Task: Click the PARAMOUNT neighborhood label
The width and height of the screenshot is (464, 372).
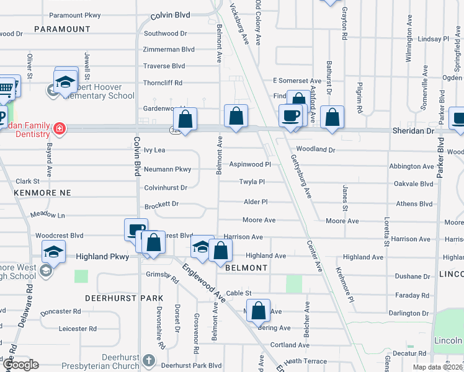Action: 62,29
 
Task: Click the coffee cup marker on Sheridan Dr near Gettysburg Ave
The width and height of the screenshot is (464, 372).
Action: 290,115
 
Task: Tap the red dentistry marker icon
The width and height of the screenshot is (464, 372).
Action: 60,129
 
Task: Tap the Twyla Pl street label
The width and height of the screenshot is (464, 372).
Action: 252,182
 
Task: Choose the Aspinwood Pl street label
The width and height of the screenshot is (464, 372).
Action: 250,164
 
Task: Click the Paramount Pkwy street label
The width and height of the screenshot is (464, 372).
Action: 74,15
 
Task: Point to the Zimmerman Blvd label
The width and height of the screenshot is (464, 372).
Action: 169,49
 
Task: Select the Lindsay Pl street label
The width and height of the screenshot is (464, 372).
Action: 433,38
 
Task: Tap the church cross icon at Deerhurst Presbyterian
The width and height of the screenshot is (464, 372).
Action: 148,360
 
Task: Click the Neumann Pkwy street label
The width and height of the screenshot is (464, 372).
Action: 167,169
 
